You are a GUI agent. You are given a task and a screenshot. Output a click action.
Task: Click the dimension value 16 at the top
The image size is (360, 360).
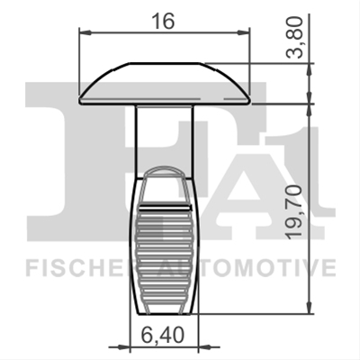(x=163, y=22)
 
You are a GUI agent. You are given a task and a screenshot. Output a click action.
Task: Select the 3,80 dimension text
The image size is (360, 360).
(x=293, y=37)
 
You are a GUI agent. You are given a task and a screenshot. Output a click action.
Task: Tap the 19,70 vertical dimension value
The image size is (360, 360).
(x=293, y=211)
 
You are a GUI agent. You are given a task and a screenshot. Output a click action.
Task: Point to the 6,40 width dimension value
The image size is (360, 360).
(x=162, y=335)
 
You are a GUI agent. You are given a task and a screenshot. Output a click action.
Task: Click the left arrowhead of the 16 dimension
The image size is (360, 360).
(x=85, y=31)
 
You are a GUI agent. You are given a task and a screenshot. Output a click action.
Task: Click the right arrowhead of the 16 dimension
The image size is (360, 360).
(x=243, y=31)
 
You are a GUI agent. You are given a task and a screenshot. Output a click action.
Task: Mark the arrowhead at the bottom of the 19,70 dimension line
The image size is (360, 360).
(x=310, y=308)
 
